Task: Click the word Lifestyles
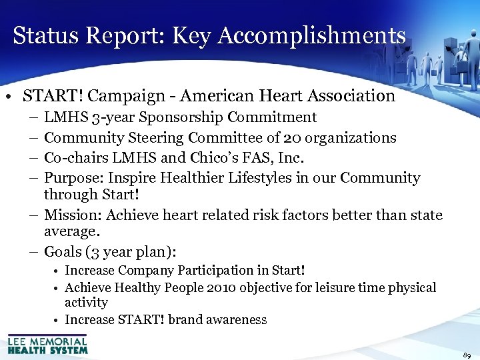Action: pos(299,178)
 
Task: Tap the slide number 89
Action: pos(466,355)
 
